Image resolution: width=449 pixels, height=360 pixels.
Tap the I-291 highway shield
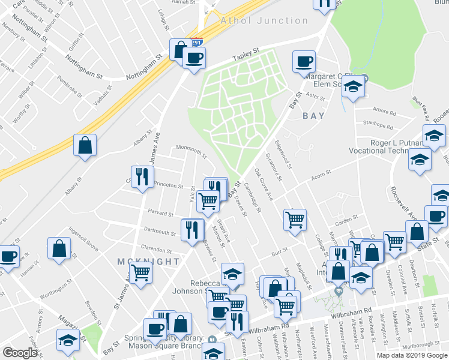click(x=197, y=43)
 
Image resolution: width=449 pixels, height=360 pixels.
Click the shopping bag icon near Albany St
click(x=85, y=145)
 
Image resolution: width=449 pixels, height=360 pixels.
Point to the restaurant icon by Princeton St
click(x=142, y=177)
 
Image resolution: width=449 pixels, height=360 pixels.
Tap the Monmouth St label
click(x=191, y=152)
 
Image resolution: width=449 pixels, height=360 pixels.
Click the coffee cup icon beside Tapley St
click(x=194, y=59)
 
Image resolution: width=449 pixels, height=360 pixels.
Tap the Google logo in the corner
click(x=20, y=353)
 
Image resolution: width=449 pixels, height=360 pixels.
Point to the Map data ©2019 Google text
click(x=412, y=355)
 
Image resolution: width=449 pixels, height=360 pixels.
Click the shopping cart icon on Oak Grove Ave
click(x=295, y=220)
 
